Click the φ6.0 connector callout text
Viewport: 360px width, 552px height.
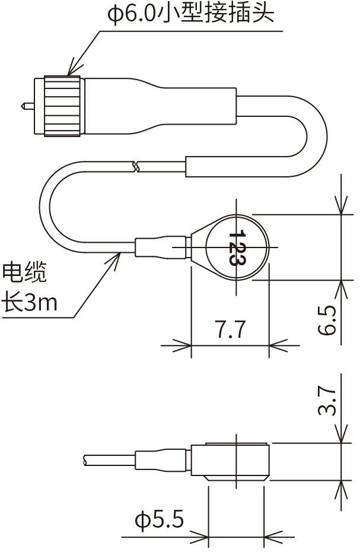[190, 13]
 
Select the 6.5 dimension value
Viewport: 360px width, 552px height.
[327, 321]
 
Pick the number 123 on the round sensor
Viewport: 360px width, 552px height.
[237, 247]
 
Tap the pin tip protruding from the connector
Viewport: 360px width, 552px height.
[25, 106]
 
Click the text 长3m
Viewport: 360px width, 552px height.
[30, 303]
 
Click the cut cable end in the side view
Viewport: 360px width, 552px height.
[86, 461]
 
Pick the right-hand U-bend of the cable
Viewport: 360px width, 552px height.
[314, 137]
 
